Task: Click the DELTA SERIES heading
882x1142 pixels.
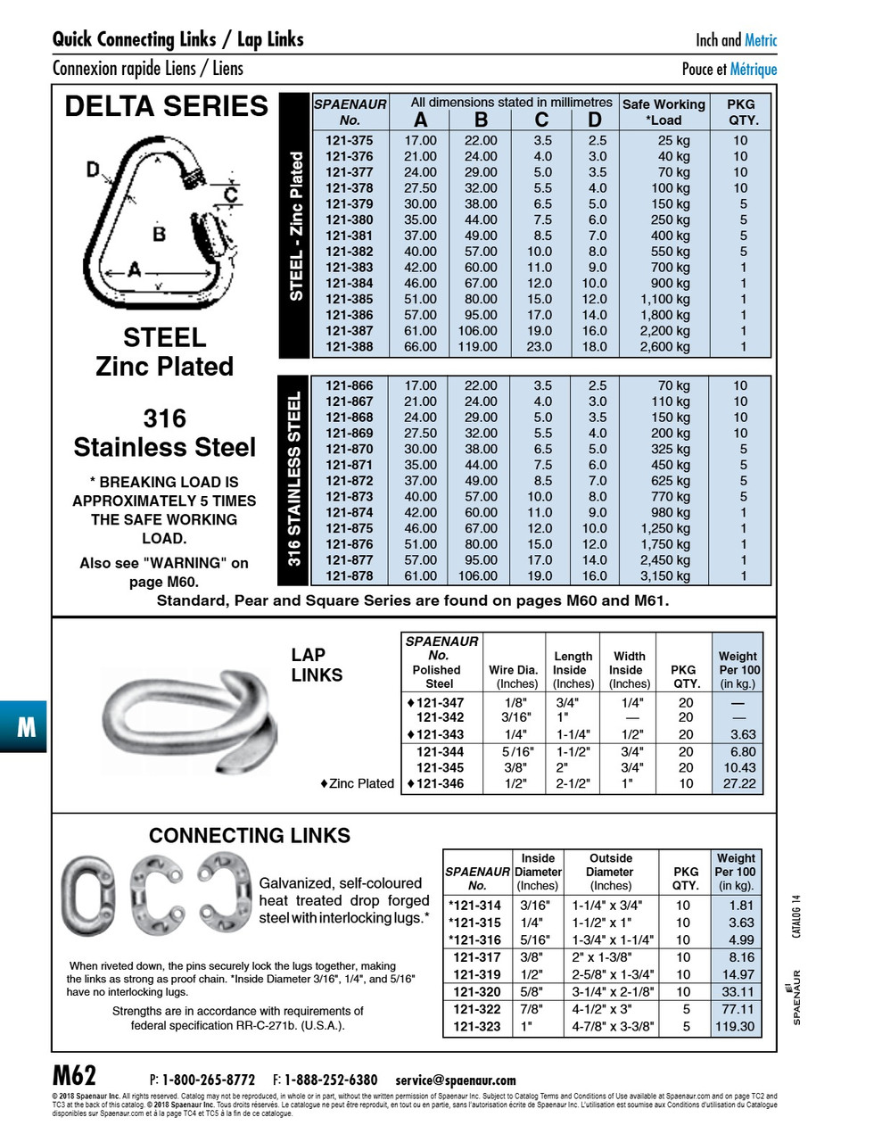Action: click(x=166, y=106)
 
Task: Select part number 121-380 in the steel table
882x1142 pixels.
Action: click(x=349, y=220)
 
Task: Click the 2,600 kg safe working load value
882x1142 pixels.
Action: click(x=664, y=347)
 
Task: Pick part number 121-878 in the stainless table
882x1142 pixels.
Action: click(x=349, y=576)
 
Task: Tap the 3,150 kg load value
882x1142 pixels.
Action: click(x=664, y=576)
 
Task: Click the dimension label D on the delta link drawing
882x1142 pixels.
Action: click(x=93, y=168)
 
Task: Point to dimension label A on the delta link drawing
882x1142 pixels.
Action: click(x=134, y=269)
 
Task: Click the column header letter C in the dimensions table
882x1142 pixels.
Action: click(x=541, y=120)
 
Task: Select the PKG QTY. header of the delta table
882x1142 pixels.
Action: click(x=742, y=112)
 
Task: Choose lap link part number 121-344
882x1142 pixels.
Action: click(x=440, y=751)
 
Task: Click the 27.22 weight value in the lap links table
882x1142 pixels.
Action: click(x=738, y=784)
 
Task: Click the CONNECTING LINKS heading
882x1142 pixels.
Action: click(x=250, y=836)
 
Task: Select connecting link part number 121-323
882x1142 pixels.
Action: click(x=477, y=1027)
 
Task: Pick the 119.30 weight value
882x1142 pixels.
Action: click(x=735, y=1027)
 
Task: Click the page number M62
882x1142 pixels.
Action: click(x=75, y=1075)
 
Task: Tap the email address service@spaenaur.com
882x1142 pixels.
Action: click(x=455, y=1080)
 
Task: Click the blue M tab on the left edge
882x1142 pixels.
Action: click(x=25, y=726)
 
